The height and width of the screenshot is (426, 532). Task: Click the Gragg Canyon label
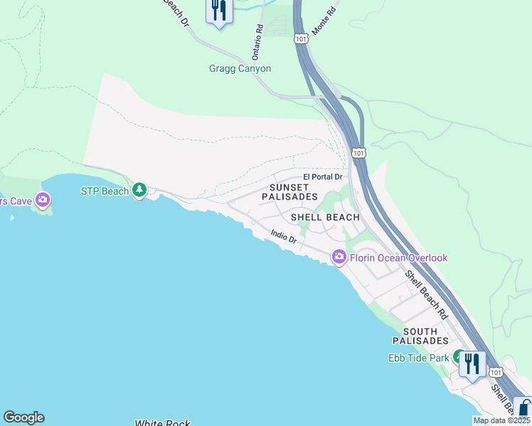tap(240, 69)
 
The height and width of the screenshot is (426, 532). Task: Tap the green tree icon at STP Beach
tap(140, 190)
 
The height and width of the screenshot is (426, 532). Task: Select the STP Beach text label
tap(105, 190)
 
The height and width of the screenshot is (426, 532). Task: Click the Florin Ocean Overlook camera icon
tap(339, 257)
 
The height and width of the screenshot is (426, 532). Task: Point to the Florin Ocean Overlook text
tap(398, 258)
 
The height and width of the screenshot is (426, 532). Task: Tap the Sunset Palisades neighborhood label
tap(289, 192)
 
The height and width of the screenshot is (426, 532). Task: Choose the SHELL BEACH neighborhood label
tap(325, 217)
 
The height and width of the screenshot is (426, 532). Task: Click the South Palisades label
tap(425, 337)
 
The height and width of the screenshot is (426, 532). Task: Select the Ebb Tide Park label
tap(418, 358)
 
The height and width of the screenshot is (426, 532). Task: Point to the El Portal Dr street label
tap(323, 177)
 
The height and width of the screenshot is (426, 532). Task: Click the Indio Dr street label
tap(283, 236)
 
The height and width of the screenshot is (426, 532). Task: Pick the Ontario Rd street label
tap(258, 42)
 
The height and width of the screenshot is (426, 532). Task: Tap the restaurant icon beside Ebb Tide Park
tap(472, 364)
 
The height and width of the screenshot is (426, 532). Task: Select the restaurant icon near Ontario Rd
tap(219, 11)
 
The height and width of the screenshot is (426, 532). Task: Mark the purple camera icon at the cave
tap(43, 200)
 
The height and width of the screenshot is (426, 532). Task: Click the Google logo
tap(23, 417)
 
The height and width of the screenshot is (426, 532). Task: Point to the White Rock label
tap(162, 423)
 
